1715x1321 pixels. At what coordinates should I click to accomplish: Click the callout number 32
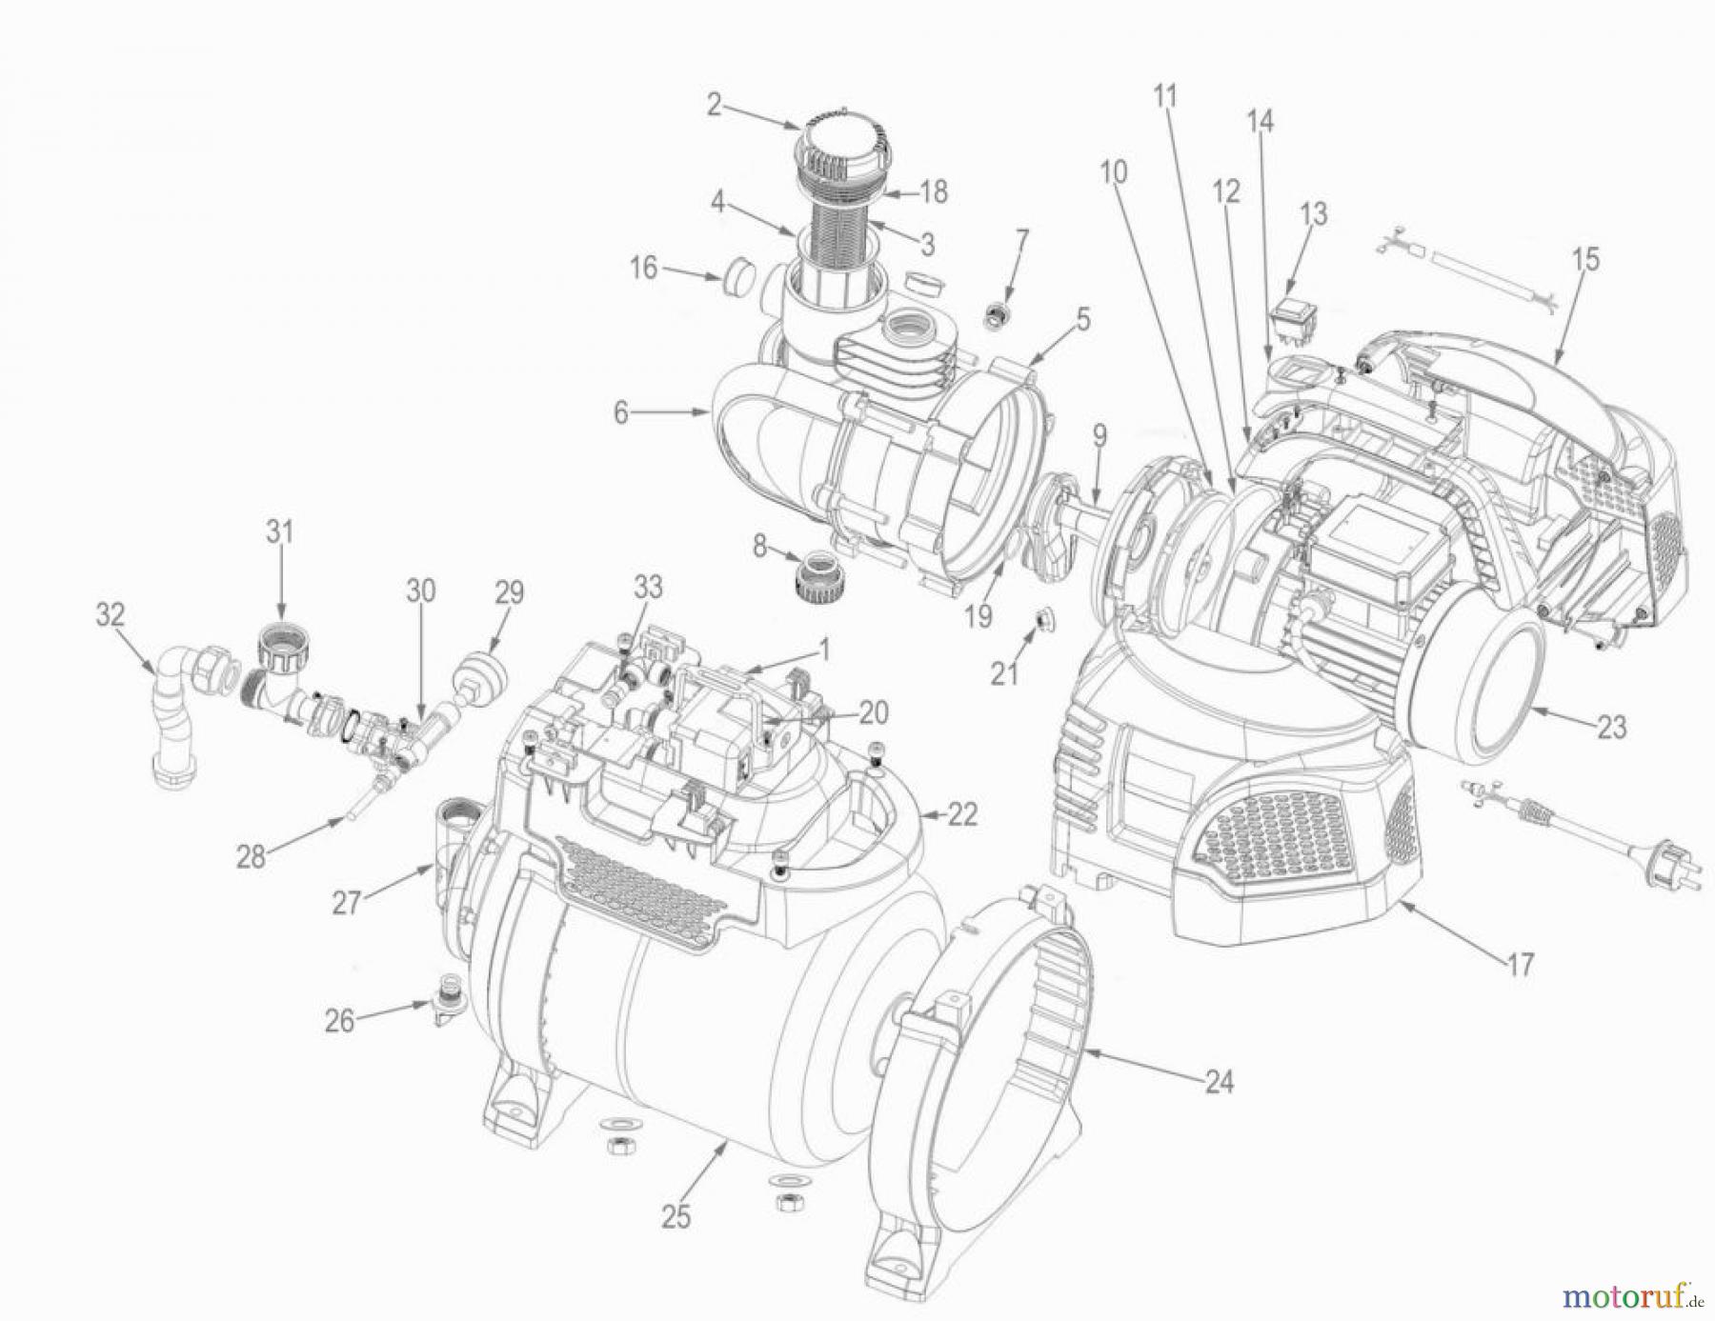pyautogui.click(x=111, y=615)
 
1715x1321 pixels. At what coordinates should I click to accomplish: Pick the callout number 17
pyautogui.click(x=1520, y=965)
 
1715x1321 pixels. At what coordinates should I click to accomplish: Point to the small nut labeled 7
pyautogui.click(x=997, y=313)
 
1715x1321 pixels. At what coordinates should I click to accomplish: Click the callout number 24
pyautogui.click(x=1220, y=1082)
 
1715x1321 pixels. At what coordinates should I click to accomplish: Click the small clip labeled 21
pyautogui.click(x=1042, y=622)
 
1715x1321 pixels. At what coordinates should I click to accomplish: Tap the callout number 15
pyautogui.click(x=1586, y=259)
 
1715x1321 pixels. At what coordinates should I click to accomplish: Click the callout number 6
pyautogui.click(x=621, y=413)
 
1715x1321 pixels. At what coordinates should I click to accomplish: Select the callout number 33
pyautogui.click(x=649, y=588)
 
